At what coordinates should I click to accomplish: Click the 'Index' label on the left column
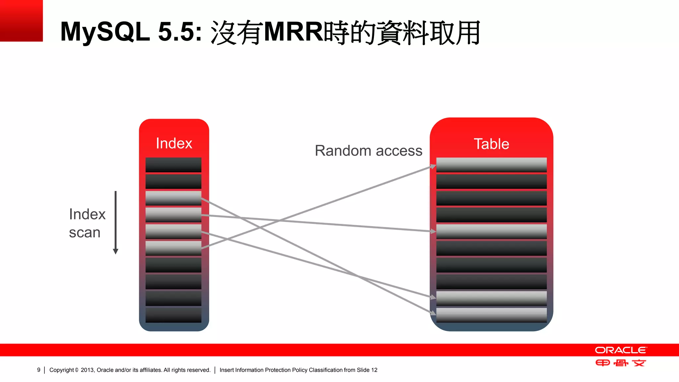(x=174, y=143)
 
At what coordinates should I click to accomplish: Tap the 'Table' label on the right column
(x=491, y=144)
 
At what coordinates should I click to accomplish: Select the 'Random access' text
(x=368, y=151)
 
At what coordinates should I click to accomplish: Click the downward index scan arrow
(x=116, y=222)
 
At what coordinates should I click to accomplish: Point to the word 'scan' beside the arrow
(x=85, y=232)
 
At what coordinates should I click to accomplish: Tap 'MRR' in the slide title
(x=293, y=32)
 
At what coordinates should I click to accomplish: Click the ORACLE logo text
(x=621, y=350)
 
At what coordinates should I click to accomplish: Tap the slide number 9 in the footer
(x=39, y=370)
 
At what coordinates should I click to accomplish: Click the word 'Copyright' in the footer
(x=62, y=370)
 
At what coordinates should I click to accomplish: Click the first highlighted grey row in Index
(x=173, y=198)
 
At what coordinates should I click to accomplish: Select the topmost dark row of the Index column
(x=173, y=165)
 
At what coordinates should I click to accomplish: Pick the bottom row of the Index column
(x=173, y=315)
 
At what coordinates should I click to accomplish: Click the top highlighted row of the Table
(x=491, y=165)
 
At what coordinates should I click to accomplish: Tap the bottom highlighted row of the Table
(x=491, y=315)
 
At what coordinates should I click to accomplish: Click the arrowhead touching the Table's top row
(x=433, y=166)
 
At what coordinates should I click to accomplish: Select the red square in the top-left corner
(x=21, y=21)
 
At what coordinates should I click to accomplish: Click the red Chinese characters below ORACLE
(x=621, y=363)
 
